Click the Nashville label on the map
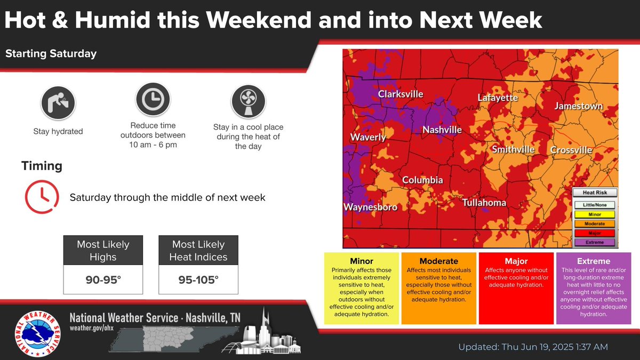pyautogui.click(x=442, y=130)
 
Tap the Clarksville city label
pyautogui.click(x=401, y=94)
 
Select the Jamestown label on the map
pyautogui.click(x=579, y=106)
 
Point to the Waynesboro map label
pyautogui.click(x=370, y=207)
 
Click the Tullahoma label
pyautogui.click(x=484, y=203)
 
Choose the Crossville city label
pyautogui.click(x=571, y=150)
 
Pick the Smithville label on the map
pyautogui.click(x=513, y=149)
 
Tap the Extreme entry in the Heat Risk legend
pyautogui.click(x=595, y=242)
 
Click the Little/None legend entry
pyautogui.click(x=595, y=205)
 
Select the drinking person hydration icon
pyautogui.click(x=58, y=102)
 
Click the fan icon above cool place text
pyautogui.click(x=248, y=102)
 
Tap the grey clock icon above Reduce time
pyautogui.click(x=153, y=99)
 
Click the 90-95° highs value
pyautogui.click(x=103, y=278)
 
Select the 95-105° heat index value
pyautogui.click(x=199, y=278)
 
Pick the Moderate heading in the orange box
pyautogui.click(x=439, y=261)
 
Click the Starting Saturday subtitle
pyautogui.click(x=51, y=53)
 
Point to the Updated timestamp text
pyautogui.click(x=533, y=347)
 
